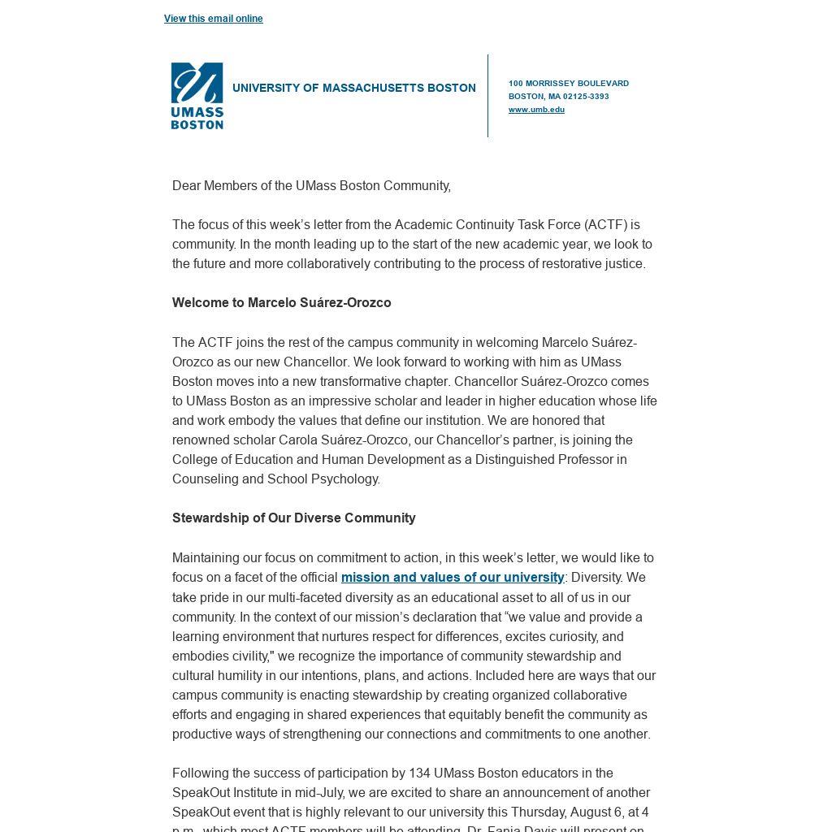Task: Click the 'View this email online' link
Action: click(x=213, y=19)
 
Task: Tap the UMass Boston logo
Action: click(x=197, y=96)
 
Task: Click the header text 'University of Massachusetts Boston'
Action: click(x=353, y=88)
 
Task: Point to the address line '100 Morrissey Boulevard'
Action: click(x=568, y=84)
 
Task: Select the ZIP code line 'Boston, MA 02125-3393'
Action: click(x=558, y=97)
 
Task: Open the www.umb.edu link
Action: click(x=536, y=110)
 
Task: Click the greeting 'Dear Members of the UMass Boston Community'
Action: click(x=311, y=186)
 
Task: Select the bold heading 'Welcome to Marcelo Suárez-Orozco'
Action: click(x=281, y=303)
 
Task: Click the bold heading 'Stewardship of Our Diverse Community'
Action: click(x=293, y=518)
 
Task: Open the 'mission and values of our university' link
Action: click(x=453, y=578)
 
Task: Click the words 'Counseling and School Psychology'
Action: click(x=275, y=479)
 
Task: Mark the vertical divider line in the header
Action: click(x=488, y=96)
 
